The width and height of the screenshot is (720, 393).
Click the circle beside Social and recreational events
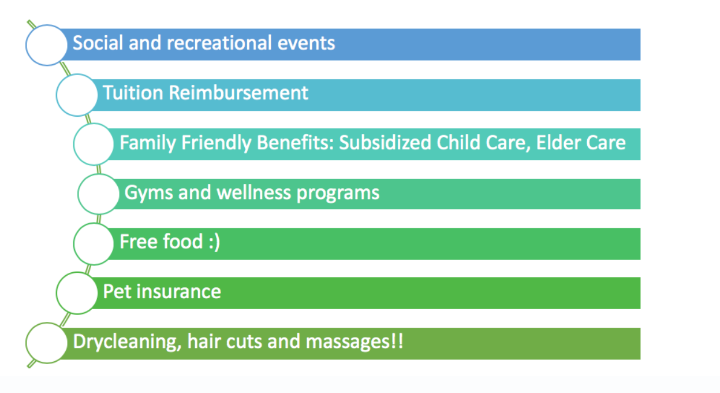(x=46, y=45)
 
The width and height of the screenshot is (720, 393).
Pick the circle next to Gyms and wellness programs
(x=98, y=194)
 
